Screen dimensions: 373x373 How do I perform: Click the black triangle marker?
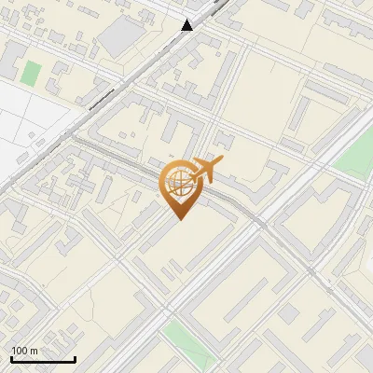pos(187,25)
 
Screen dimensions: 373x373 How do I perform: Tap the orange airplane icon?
pos(205,170)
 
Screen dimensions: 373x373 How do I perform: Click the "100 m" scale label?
pos(25,351)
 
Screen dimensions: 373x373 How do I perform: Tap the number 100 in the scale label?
pos(21,351)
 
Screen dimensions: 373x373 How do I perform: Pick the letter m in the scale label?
pos(34,351)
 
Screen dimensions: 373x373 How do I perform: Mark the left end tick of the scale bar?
pos(11,358)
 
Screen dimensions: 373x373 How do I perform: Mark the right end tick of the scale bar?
pos(75,358)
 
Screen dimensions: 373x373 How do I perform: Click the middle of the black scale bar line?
pos(43,360)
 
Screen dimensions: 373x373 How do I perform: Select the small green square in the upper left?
pos(32,73)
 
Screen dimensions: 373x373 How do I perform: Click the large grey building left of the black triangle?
pos(118,35)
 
